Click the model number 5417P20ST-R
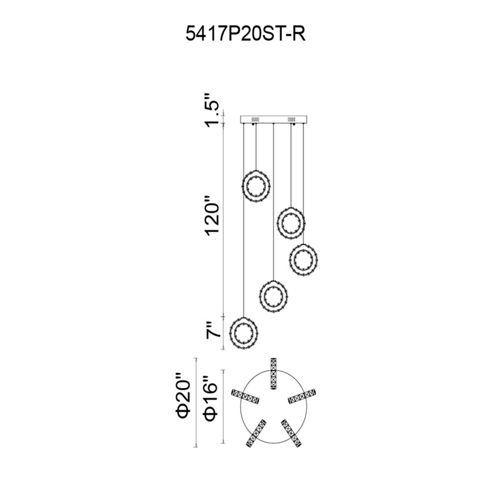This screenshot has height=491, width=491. [x=245, y=33]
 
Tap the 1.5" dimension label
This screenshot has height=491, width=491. [x=211, y=110]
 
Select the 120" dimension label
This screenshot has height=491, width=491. [x=212, y=216]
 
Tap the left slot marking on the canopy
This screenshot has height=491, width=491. [x=255, y=119]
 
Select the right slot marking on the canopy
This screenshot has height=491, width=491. [x=292, y=119]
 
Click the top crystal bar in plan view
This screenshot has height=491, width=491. [x=273, y=373]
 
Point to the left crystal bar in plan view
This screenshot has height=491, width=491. [x=245, y=396]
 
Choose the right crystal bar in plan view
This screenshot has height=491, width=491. [x=302, y=396]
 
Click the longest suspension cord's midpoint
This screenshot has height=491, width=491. [x=244, y=220]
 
